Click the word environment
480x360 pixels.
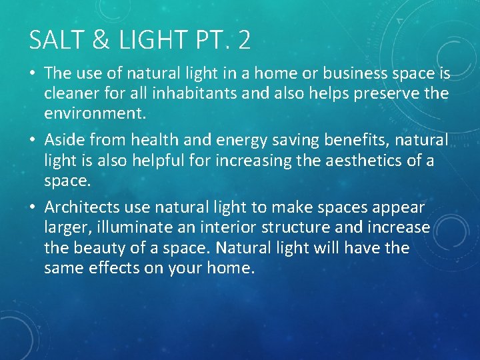tap(94, 113)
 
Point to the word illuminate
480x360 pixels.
tap(136, 228)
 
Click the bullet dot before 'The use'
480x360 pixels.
tap(33, 74)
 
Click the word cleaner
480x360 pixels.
tap(71, 93)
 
